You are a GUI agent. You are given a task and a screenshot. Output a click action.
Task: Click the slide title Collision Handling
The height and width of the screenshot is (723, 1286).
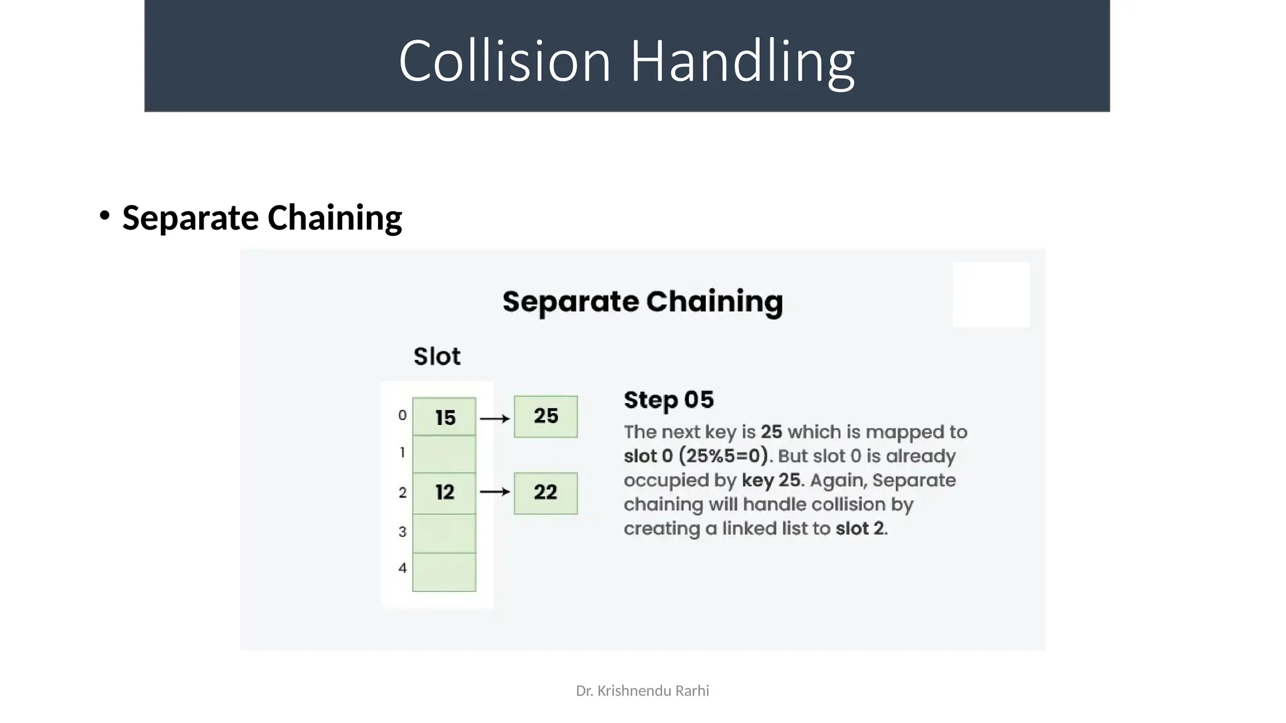pos(626,61)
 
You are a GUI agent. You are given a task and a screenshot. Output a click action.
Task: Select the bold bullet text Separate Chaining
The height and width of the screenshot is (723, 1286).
pos(262,218)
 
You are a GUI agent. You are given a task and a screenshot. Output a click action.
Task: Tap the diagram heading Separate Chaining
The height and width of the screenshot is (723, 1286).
pos(642,302)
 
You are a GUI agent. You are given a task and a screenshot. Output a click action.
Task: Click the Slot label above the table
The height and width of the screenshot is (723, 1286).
pos(436,356)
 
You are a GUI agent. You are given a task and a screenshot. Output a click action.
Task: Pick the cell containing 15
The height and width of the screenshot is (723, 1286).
pos(444,417)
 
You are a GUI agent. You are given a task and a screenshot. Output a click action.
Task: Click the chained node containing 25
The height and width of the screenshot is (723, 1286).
pos(545,416)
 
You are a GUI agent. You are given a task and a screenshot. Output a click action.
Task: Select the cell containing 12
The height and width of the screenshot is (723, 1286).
pos(444,493)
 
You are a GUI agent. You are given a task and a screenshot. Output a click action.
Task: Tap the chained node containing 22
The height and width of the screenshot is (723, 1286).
pos(545,493)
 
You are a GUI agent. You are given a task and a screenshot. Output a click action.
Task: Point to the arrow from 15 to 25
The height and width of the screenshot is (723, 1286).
pos(495,418)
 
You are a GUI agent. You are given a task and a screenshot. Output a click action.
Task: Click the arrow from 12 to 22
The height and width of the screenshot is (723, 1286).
pos(495,492)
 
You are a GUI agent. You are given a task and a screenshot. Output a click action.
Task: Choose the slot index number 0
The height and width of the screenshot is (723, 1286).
pos(403,415)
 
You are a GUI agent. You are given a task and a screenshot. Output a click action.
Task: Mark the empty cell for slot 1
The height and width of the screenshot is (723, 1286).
pos(444,454)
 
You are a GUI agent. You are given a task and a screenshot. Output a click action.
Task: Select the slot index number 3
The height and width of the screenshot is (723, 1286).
pos(403,532)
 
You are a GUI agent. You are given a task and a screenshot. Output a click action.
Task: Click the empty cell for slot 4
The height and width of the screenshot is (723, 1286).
pos(444,572)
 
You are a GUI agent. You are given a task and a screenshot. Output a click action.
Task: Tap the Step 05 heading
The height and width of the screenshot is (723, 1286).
pos(668,400)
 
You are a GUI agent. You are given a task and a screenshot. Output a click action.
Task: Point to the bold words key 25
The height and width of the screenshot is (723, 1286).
pos(771,481)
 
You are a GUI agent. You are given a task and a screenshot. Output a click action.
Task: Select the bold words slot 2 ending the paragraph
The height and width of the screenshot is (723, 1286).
pos(860,528)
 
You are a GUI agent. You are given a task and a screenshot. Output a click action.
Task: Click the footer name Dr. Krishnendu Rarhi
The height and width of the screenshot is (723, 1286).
pos(642,691)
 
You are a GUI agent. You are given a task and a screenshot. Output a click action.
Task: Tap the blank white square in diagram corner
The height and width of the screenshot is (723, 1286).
pos(991,294)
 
